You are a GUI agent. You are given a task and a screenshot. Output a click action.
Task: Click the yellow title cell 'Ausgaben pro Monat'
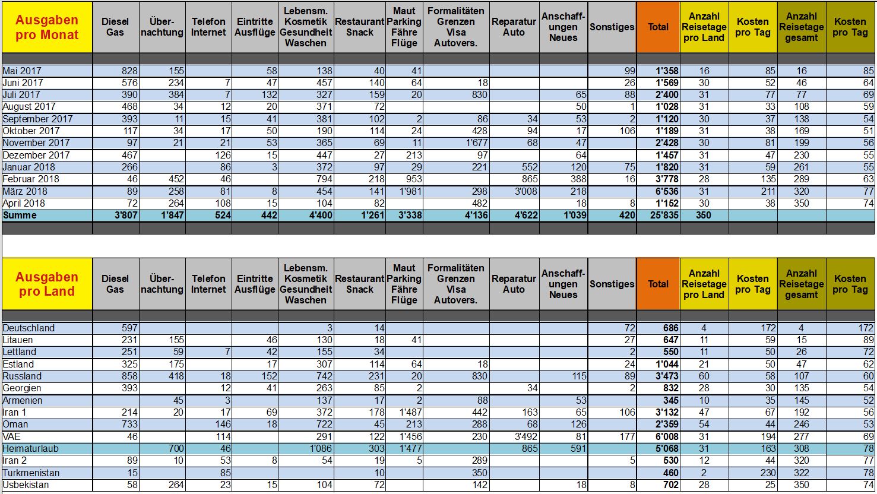pos(47,27)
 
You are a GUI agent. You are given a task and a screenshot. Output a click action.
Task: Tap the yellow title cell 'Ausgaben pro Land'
pos(47,284)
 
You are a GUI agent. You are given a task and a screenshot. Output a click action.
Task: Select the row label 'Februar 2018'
pos(31,179)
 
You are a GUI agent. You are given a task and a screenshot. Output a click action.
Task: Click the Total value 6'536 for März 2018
pos(667,191)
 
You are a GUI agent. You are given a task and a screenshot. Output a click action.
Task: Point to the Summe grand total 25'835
pos(664,216)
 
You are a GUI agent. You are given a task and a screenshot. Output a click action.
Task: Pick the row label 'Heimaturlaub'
pos(30,449)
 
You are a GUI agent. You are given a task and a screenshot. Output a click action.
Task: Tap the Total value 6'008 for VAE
pos(667,436)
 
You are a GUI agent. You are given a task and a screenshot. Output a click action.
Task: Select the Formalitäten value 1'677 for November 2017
pos(476,143)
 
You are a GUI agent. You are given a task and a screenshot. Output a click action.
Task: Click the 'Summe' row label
pos(20,216)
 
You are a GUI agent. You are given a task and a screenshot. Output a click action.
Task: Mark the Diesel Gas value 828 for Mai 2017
pos(129,71)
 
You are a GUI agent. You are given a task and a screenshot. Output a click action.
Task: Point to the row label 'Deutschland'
pos(29,328)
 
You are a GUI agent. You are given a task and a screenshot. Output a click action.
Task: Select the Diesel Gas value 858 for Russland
pos(129,376)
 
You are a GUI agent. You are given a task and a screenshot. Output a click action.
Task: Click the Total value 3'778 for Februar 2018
pos(667,179)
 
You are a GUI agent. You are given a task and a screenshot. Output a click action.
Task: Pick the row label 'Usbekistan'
pos(26,485)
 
